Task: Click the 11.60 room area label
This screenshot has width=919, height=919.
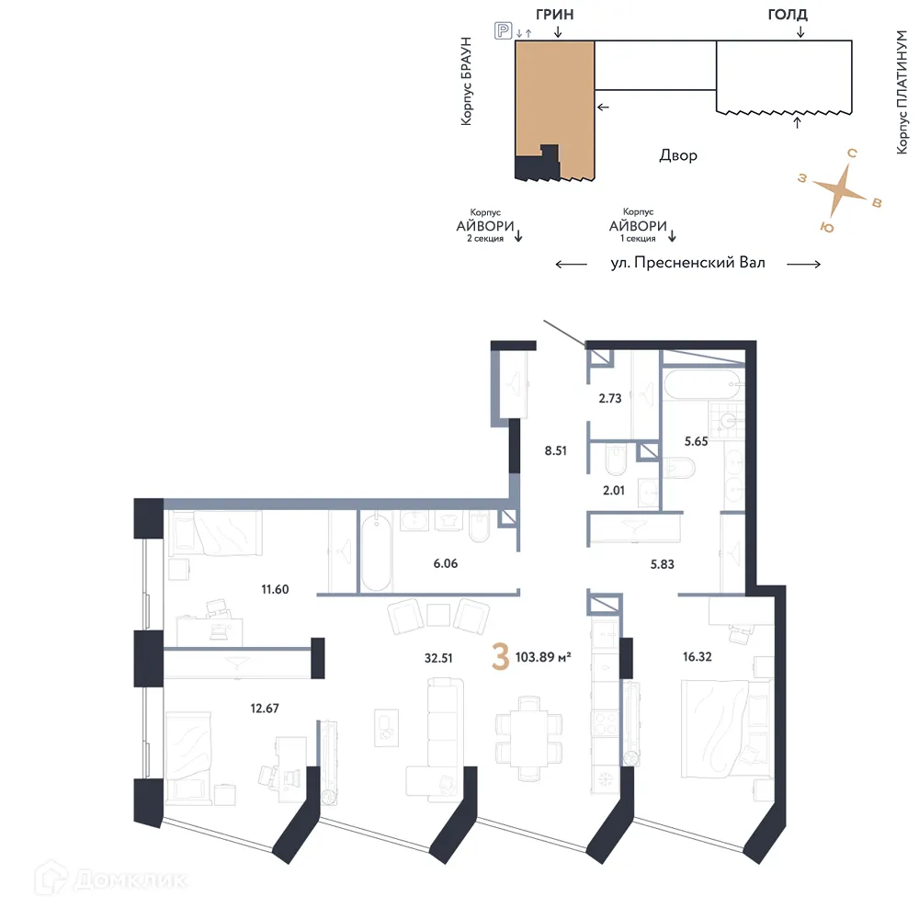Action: [274, 589]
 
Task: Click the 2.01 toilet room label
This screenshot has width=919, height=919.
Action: [613, 491]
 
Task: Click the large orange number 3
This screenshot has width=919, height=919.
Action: [501, 659]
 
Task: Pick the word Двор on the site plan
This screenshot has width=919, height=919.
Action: [678, 155]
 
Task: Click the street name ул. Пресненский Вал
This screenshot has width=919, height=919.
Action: [687, 263]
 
